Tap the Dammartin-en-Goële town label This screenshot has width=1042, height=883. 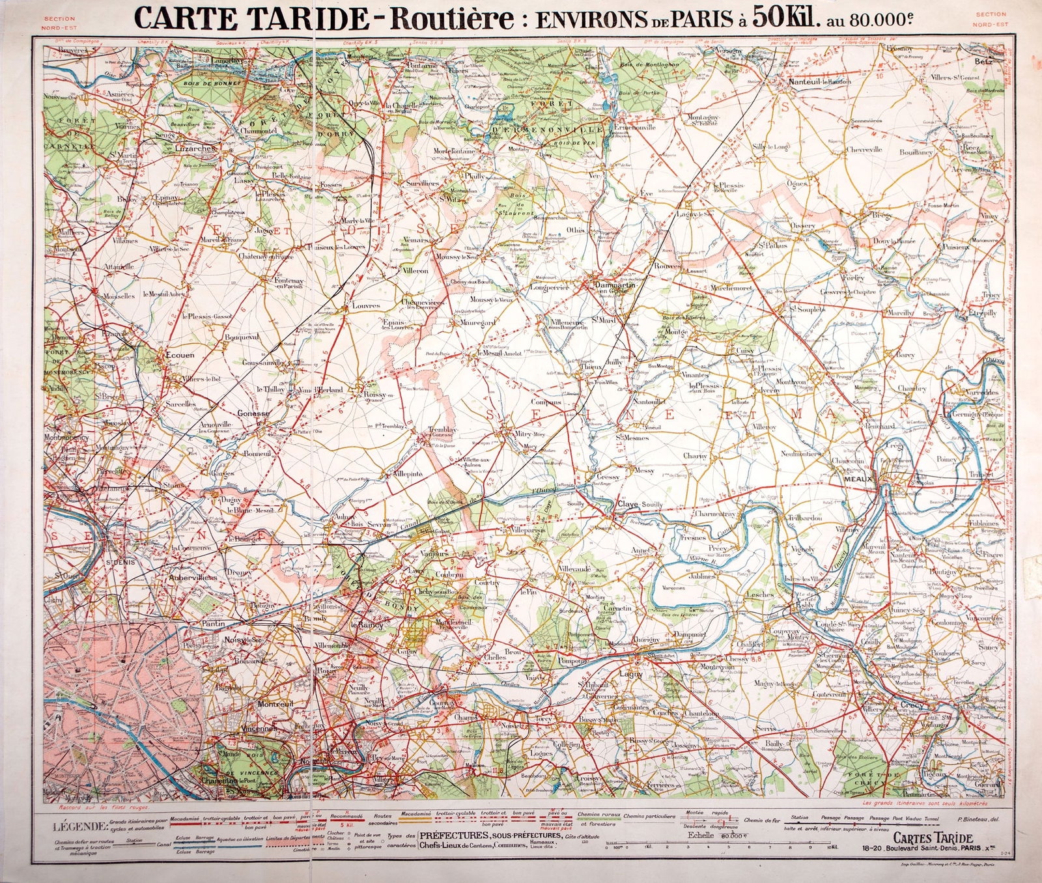[x=611, y=287]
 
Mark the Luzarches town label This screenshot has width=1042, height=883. [x=195, y=148]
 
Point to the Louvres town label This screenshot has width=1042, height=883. [x=365, y=305]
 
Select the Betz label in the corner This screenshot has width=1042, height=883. [x=984, y=62]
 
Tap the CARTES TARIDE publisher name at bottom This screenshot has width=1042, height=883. [x=933, y=839]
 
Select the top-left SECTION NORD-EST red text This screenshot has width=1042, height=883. [x=59, y=23]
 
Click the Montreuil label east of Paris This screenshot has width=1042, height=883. [x=275, y=705]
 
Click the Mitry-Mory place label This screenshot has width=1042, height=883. [x=529, y=434]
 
